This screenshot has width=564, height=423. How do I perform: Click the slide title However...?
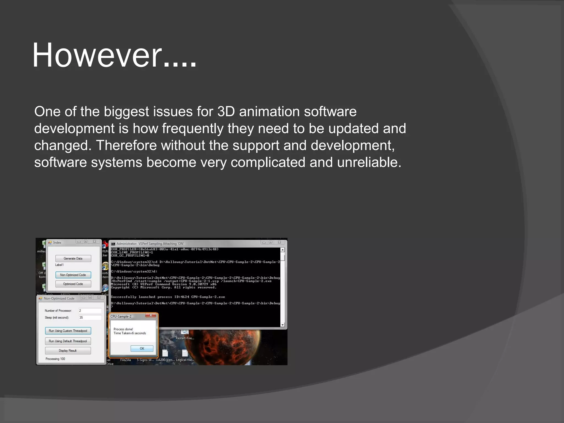pyautogui.click(x=114, y=55)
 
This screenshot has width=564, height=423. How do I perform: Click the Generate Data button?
pyautogui.click(x=73, y=258)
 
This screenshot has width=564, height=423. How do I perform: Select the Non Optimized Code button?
pyautogui.click(x=73, y=275)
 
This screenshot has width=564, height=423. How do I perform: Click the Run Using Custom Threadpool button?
pyautogui.click(x=68, y=331)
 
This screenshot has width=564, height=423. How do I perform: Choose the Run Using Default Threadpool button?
pyautogui.click(x=68, y=341)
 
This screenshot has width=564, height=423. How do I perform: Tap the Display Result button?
pyautogui.click(x=68, y=351)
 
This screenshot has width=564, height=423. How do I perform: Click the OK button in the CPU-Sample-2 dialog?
pyautogui.click(x=142, y=348)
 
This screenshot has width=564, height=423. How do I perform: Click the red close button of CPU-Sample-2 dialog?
pyautogui.click(x=151, y=315)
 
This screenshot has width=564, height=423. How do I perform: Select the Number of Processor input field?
pyautogui.click(x=90, y=311)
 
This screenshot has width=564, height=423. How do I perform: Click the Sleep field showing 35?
pyautogui.click(x=90, y=318)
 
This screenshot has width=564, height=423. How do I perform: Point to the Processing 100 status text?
pyautogui.click(x=55, y=359)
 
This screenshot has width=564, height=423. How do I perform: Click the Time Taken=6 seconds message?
pyautogui.click(x=130, y=333)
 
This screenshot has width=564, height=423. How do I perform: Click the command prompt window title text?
pyautogui.click(x=150, y=244)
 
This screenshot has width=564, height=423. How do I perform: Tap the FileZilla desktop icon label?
pyautogui.click(x=126, y=360)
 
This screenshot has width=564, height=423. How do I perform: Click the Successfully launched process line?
pyautogui.click(x=168, y=297)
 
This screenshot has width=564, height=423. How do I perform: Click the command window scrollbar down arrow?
pyautogui.click(x=283, y=325)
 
